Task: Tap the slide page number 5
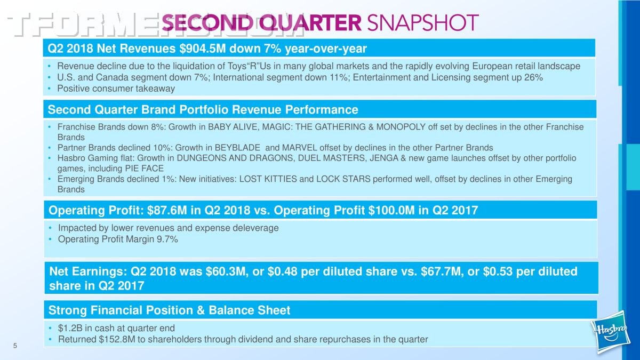[15, 346]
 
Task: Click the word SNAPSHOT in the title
[423, 22]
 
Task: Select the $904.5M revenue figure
[203, 49]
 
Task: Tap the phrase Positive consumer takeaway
[116, 89]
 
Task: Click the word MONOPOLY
[401, 127]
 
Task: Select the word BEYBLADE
[237, 148]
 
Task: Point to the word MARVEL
[299, 148]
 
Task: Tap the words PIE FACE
[145, 169]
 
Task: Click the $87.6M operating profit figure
[167, 210]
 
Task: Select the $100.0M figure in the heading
[391, 210]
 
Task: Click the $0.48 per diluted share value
[282, 271]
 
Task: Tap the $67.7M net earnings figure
[442, 271]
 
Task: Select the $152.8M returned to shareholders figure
[117, 339]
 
